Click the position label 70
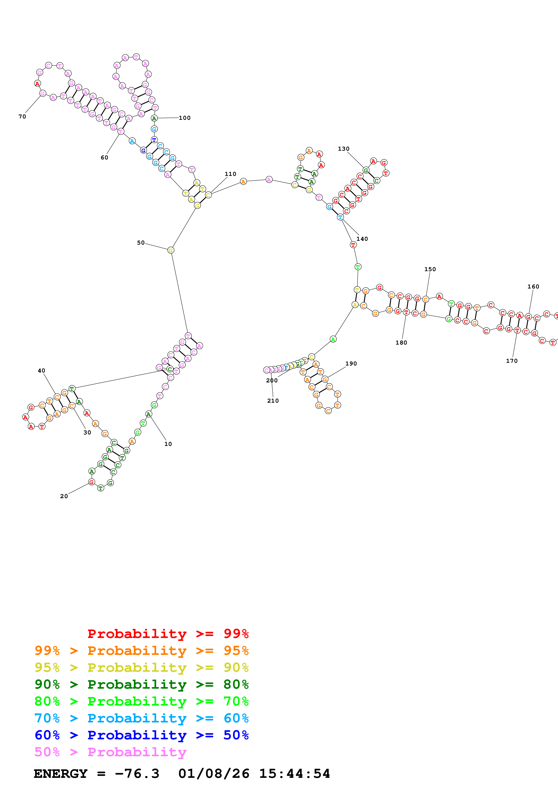coord(22,117)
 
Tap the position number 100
coord(185,118)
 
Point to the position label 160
coord(533,287)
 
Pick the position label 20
coord(64,496)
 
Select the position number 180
coord(401,343)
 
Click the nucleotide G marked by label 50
coord(171,250)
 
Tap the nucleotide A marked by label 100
coord(154,118)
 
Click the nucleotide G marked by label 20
coord(91,482)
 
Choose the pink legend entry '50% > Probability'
coord(110,752)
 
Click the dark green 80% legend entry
coord(142,684)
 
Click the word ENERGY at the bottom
coord(61,774)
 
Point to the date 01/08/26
coord(214,774)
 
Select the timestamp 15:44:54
coord(294,774)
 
